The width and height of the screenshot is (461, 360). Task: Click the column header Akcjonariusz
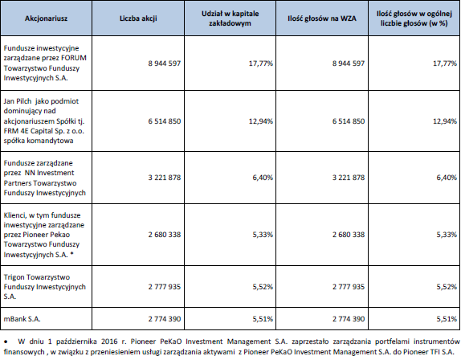[x=46, y=18]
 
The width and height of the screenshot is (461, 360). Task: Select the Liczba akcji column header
[x=138, y=18]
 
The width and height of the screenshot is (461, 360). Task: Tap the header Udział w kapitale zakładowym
[x=230, y=18]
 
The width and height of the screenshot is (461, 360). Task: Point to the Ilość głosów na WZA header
[x=322, y=18]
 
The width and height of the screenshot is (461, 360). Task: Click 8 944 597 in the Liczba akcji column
[x=165, y=63]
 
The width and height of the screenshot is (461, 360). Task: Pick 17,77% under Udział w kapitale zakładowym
[x=261, y=63]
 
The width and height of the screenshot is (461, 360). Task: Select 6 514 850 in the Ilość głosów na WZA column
[x=349, y=121]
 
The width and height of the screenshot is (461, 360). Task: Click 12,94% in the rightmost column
[x=445, y=121]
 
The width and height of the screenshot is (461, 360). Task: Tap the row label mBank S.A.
[x=22, y=319]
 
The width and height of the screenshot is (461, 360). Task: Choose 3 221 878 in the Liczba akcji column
[x=165, y=178]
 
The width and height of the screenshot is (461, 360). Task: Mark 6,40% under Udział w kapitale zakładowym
[x=263, y=178]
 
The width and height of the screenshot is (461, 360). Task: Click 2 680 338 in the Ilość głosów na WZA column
[x=349, y=235]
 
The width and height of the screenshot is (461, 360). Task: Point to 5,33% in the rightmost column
[x=447, y=235]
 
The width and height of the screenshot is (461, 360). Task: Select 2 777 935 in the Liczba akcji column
[x=165, y=287]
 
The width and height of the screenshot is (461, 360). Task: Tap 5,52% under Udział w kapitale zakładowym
[x=263, y=287]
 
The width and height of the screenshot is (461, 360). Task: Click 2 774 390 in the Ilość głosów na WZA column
[x=349, y=319]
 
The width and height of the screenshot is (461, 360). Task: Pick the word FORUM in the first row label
[x=75, y=58]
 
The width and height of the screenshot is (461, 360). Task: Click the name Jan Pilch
[x=18, y=101]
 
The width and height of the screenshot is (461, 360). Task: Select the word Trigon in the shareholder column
[x=14, y=277]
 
